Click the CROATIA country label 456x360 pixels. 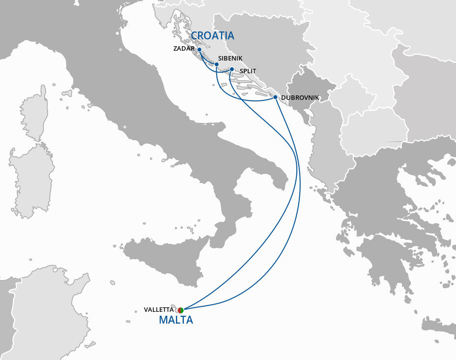[x=212, y=36]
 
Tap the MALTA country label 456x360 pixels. [x=176, y=320]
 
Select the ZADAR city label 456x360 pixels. [x=184, y=49]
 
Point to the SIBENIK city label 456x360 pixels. [x=230, y=58]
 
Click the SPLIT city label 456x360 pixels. [x=247, y=71]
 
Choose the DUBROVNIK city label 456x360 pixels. [x=300, y=98]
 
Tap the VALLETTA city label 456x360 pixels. [x=159, y=310]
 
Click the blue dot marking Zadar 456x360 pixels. [x=199, y=50]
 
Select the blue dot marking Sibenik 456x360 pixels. [x=216, y=64]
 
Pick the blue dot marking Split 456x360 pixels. [x=232, y=69]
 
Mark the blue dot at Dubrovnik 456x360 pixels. [x=275, y=97]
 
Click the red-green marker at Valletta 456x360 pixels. [x=180, y=310]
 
